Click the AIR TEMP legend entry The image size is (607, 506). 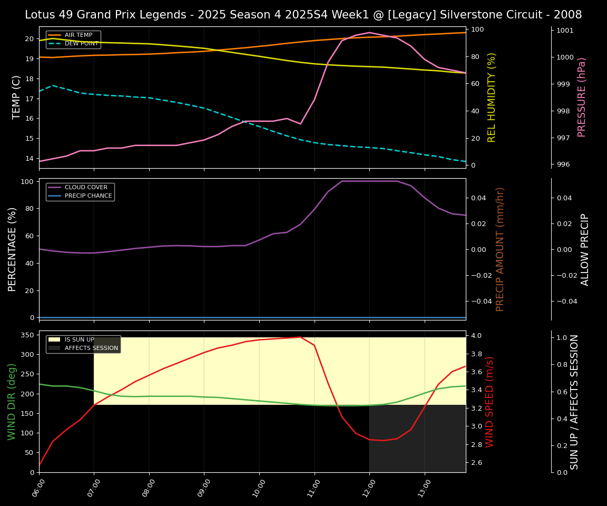coord(78,35)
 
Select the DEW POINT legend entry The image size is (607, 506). coord(81,44)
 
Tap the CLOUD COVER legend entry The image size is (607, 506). coord(85,187)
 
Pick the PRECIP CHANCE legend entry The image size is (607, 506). coord(88,196)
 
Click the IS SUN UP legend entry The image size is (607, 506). coord(79,340)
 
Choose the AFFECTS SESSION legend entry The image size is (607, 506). coord(91,348)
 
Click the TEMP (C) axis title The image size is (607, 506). coord(17,97)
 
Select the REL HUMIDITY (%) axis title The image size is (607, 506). coord(492,97)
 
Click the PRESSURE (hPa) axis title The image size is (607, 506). coord(582,97)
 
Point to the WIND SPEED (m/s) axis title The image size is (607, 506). coord(490,402)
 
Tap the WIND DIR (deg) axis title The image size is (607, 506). coord(12,402)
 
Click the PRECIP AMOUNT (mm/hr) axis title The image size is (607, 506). coord(501,249)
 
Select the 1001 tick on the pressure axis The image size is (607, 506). coord(565,31)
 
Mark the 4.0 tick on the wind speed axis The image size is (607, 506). coord(476,336)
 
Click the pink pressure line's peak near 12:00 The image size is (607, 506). coord(369,33)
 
